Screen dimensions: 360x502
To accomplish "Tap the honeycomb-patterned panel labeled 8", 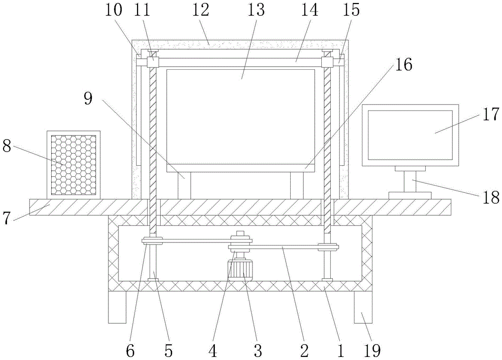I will (73, 164).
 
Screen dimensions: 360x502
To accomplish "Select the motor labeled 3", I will (241, 268).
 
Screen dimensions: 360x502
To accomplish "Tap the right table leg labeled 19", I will (364, 307).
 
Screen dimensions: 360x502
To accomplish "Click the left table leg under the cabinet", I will (118, 307).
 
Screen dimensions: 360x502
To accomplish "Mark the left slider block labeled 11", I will (152, 62).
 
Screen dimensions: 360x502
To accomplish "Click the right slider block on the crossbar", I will (328, 62).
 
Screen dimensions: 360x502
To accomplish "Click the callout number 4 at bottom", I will (213, 349).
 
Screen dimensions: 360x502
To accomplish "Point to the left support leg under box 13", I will (184, 186).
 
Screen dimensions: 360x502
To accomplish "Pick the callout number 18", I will (492, 197).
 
